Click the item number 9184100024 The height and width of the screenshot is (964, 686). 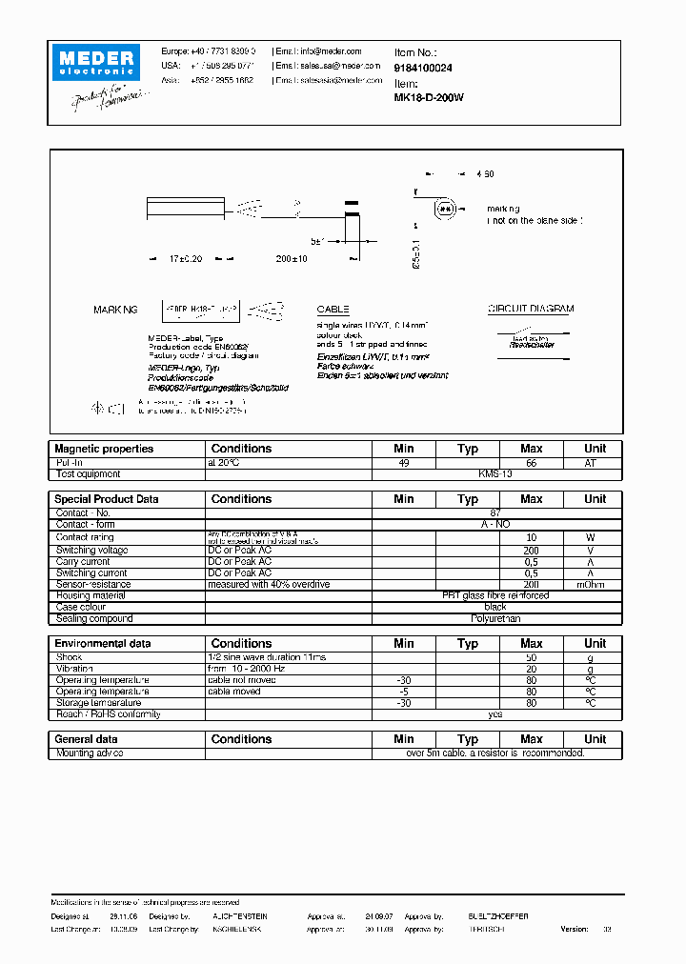(423, 69)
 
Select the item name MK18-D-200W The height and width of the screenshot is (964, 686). (429, 96)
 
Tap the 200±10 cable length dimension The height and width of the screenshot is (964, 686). (292, 259)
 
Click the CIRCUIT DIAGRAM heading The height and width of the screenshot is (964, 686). (531, 310)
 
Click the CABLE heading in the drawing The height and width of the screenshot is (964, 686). (333, 310)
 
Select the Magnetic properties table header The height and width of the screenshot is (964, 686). (104, 449)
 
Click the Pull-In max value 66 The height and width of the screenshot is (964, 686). (531, 462)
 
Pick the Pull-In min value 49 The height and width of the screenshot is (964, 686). (403, 462)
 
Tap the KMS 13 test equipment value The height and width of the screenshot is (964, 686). (495, 473)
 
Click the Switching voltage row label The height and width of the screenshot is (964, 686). (91, 551)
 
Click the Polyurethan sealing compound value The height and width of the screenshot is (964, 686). (495, 619)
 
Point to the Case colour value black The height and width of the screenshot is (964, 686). (495, 608)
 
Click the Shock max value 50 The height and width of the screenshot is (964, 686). (531, 658)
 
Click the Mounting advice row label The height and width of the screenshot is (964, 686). (90, 753)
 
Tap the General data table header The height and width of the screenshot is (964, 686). (87, 739)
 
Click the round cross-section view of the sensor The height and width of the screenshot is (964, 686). (444, 209)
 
